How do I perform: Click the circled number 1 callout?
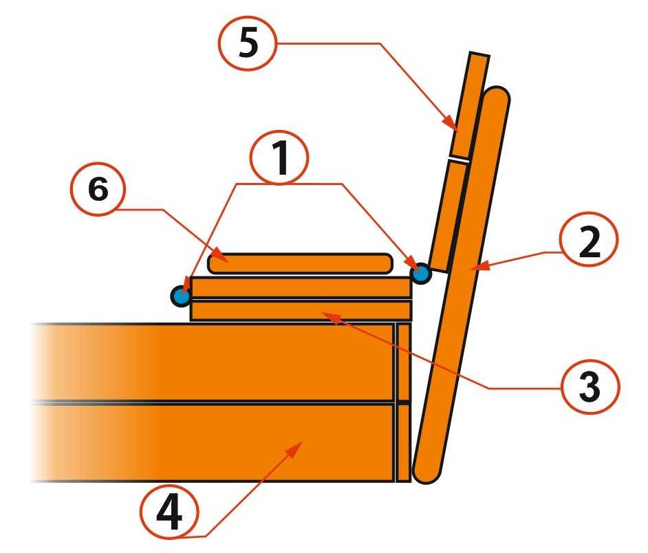(x=279, y=158)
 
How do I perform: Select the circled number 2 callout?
(x=589, y=240)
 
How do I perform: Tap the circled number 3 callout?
(x=590, y=385)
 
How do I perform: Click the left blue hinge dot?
(x=181, y=296)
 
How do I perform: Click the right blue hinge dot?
(x=421, y=273)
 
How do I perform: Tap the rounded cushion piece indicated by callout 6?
(x=300, y=263)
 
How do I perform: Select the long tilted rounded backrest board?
(x=462, y=285)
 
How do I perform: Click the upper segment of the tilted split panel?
(x=469, y=105)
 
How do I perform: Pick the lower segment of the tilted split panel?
(x=449, y=216)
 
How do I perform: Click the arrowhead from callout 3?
(x=332, y=317)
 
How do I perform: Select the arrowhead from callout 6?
(x=220, y=257)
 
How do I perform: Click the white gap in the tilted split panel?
(x=459, y=159)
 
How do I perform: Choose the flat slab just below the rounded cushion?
(x=301, y=288)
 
